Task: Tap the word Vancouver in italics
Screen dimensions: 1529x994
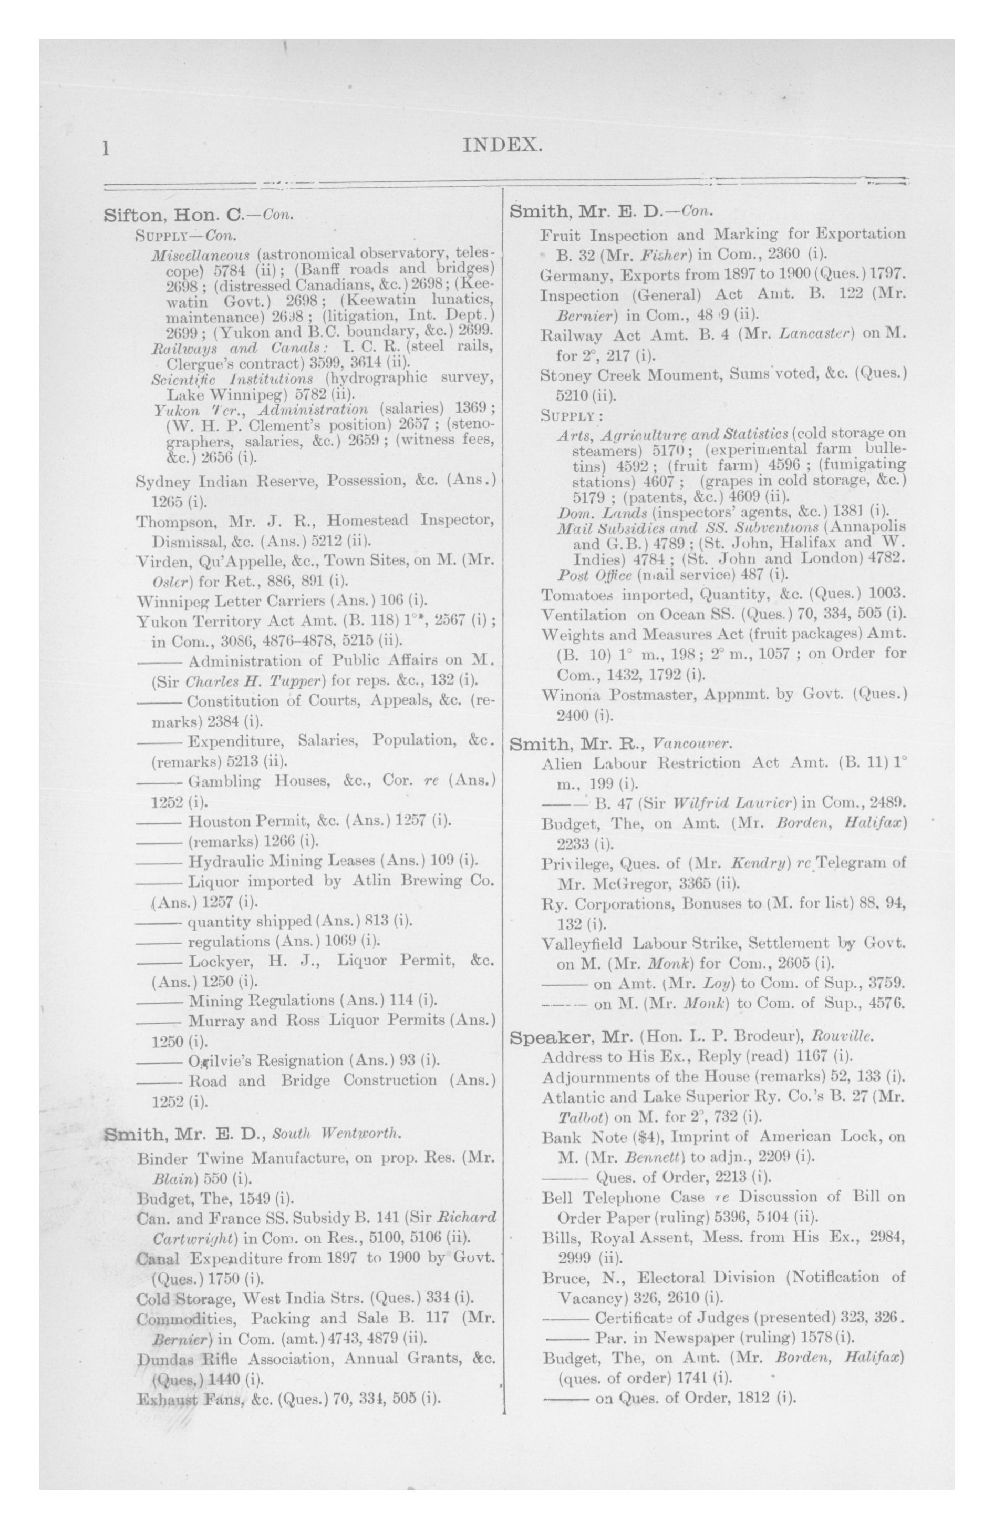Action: tap(690, 744)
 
